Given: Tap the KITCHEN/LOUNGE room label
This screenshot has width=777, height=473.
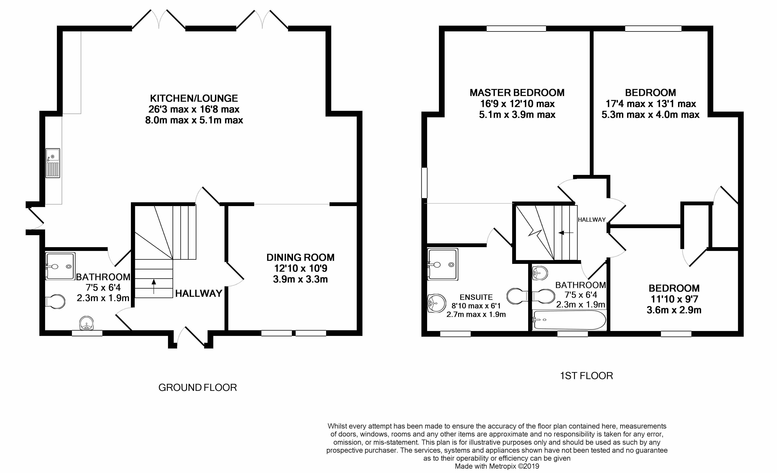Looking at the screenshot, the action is [194, 98].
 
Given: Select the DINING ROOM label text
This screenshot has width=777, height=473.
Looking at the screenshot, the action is [300, 257].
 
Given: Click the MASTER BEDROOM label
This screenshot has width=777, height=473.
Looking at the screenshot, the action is [517, 93].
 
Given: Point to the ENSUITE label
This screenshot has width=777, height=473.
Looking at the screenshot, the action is [476, 297].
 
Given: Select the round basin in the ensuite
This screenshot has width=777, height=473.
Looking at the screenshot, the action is [436, 303].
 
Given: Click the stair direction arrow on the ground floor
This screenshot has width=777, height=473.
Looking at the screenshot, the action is [154, 286].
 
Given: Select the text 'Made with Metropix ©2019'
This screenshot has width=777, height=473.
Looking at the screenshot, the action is [497, 466].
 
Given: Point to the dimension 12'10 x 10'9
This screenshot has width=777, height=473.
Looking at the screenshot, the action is [301, 268].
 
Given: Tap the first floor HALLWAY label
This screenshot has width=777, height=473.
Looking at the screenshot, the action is [592, 220].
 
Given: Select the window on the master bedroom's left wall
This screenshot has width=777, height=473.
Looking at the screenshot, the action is [424, 183].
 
